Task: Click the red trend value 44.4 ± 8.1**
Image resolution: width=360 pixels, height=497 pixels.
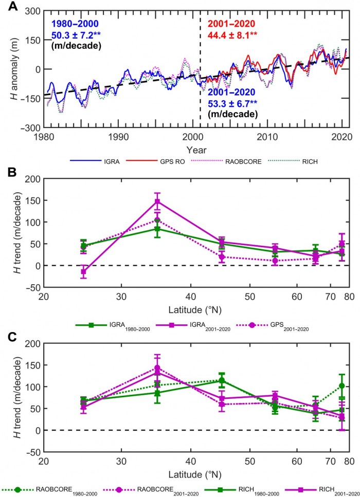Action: pyautogui.click(x=237, y=35)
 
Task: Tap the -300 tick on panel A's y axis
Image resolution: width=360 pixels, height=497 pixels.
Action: pyautogui.click(x=29, y=127)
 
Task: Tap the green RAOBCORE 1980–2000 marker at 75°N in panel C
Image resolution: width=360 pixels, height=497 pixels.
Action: pyautogui.click(x=343, y=385)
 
